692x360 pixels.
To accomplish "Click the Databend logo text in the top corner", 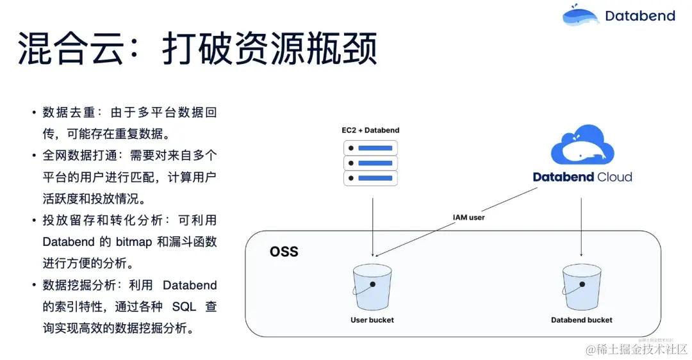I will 639,16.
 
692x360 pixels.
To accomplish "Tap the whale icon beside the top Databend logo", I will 581,15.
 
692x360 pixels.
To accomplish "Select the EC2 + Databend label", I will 370,131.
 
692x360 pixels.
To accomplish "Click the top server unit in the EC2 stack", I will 370,148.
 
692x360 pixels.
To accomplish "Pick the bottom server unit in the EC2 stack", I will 370,178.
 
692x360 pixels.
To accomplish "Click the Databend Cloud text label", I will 582,177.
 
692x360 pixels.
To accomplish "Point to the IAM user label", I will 468,218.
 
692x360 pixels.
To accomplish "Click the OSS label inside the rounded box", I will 284,250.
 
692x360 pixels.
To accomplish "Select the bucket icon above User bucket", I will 372,288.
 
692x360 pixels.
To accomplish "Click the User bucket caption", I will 372,320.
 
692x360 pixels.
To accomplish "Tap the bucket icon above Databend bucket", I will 581,288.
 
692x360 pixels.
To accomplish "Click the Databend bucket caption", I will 581,320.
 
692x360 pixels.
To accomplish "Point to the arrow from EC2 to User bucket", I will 372,224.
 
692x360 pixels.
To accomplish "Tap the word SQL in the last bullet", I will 184,307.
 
